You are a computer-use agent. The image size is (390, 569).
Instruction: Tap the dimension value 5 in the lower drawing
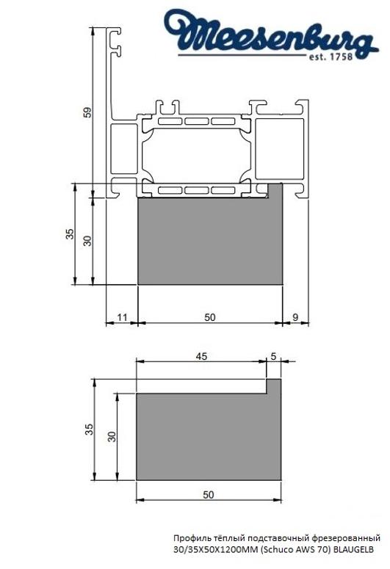(274, 356)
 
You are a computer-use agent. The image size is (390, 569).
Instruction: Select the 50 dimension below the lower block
(209, 495)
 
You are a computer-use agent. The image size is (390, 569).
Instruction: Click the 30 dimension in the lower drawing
(112, 436)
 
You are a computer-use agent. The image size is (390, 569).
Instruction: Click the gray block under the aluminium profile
(211, 242)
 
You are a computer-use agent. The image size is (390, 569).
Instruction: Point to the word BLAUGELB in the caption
(354, 548)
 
